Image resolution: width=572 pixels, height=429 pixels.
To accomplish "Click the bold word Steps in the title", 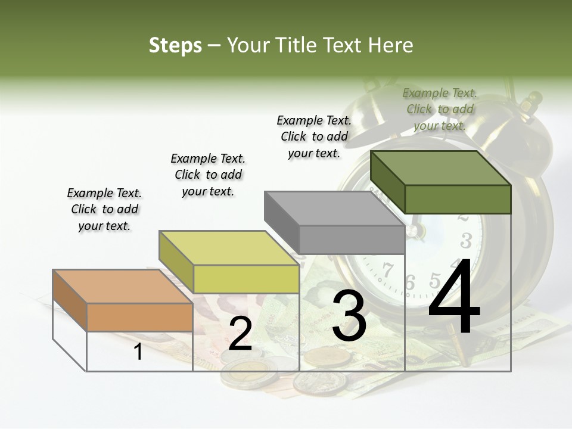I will point(175,45).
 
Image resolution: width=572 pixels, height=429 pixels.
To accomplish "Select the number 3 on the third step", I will point(349,316).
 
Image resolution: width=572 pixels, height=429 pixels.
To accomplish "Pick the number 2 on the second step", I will point(240,334).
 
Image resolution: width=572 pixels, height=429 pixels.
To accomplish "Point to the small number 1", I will point(138,352).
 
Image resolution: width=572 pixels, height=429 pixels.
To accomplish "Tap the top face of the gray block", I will point(334,209).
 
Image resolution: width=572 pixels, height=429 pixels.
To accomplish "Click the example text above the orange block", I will point(104,209).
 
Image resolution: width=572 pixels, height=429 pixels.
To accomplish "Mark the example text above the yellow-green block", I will point(208,175).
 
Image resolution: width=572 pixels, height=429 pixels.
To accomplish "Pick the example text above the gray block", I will point(314,136).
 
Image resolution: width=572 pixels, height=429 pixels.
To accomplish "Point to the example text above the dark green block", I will point(440,109).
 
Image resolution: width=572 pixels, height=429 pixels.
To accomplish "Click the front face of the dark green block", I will point(458,199).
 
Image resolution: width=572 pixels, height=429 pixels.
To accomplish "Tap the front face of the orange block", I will point(139,317).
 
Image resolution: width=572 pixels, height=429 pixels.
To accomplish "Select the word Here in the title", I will point(391,45).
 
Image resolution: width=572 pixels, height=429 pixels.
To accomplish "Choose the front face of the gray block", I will point(352,240).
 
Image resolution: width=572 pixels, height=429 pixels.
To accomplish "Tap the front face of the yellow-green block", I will point(246,279).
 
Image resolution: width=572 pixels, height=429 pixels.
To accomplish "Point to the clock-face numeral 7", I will point(388,269).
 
